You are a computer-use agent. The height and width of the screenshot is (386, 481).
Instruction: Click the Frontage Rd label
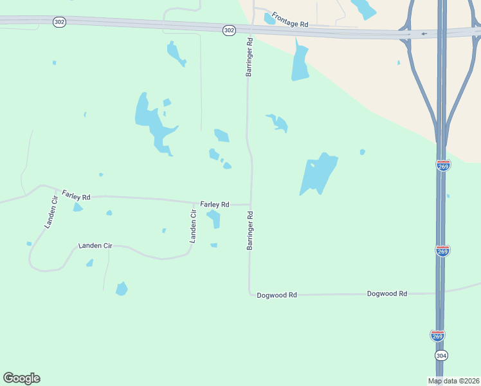(290, 19)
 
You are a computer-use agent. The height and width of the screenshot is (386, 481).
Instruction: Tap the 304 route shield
(440, 355)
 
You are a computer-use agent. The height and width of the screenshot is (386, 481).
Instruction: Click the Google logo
(21, 378)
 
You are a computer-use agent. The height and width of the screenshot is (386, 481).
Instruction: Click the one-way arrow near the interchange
(424, 33)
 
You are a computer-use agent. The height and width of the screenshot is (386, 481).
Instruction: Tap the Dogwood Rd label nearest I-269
(387, 293)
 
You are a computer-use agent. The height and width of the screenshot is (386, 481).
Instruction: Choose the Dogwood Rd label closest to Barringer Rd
(277, 295)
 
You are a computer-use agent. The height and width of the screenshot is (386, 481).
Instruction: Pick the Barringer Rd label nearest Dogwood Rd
(250, 230)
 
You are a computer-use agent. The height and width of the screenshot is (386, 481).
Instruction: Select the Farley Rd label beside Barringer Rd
(215, 204)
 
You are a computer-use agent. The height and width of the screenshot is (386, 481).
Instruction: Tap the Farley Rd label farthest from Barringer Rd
(76, 195)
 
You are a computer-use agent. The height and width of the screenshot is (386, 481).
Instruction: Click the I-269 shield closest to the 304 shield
(438, 335)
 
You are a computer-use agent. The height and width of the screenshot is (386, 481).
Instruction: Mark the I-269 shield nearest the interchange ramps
(443, 165)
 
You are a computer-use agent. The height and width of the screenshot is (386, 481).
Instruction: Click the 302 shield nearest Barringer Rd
(230, 30)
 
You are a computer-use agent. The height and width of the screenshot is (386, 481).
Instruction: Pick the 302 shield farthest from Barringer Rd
(60, 22)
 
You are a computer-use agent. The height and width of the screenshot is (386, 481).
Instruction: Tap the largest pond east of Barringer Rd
(318, 172)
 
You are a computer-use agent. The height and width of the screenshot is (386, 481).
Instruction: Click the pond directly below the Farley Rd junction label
(213, 219)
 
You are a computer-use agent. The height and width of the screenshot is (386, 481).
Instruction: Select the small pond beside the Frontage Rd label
(270, 19)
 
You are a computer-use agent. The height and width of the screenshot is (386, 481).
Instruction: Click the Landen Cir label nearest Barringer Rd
(192, 226)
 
